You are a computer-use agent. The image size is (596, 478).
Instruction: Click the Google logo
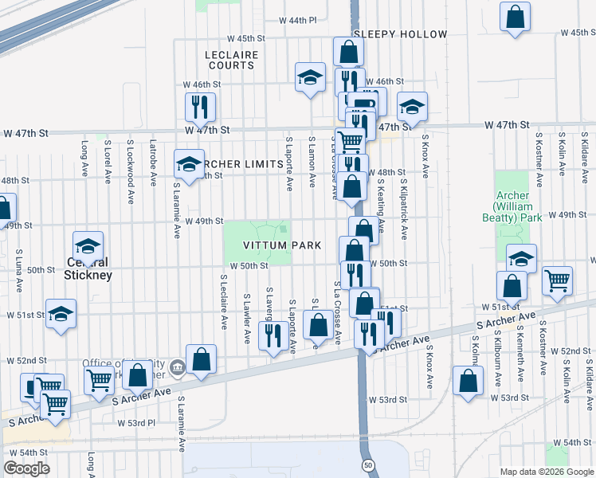pos(26,468)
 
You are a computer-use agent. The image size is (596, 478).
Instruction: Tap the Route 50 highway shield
pos(367,464)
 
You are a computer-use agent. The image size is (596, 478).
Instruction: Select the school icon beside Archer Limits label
pos(189,164)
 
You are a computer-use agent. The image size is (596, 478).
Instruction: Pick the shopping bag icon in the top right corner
pos(516,16)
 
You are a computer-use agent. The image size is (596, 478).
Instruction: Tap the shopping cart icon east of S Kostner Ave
pos(557,280)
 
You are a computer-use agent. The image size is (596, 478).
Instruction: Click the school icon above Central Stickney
pos(88,245)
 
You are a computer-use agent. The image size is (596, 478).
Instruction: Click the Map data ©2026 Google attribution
pos(547,472)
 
